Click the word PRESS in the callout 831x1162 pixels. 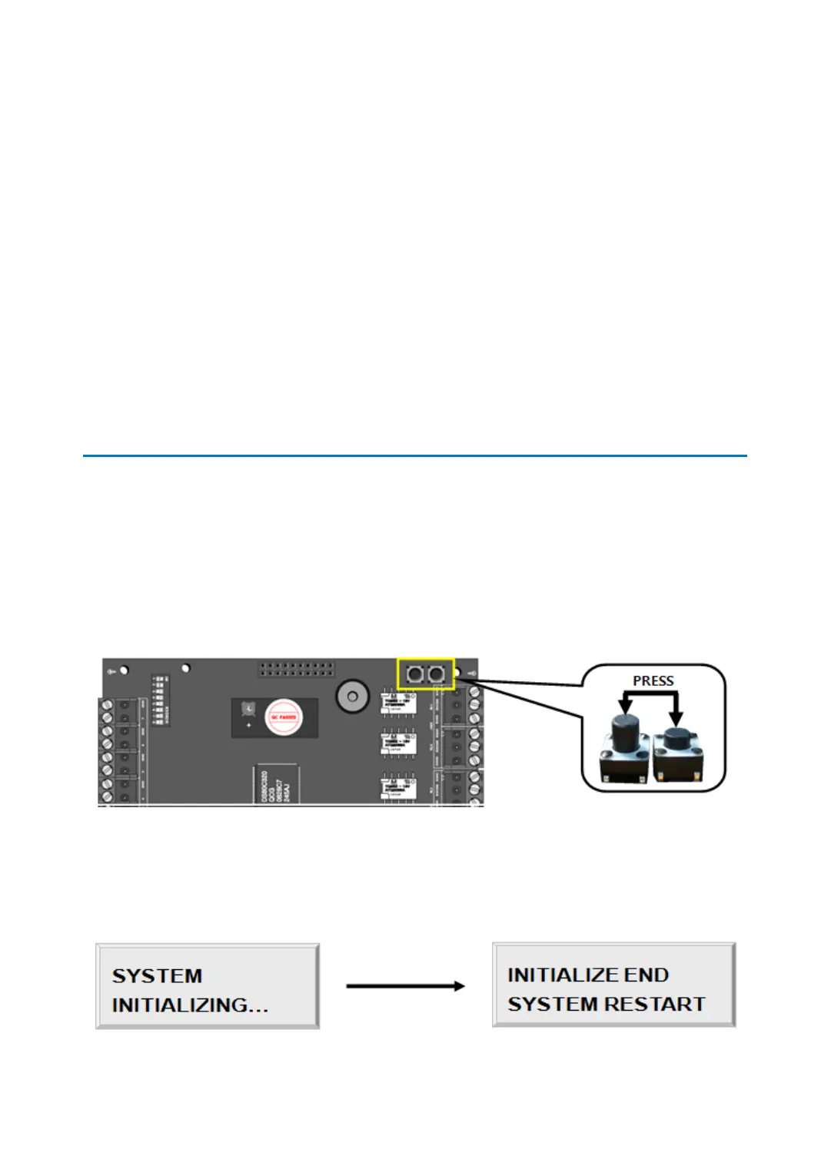(653, 680)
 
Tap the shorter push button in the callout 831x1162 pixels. (676, 753)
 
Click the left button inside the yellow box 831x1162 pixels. (415, 675)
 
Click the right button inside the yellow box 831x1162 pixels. (437, 675)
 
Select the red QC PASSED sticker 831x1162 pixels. (283, 717)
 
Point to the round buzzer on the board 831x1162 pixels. (352, 697)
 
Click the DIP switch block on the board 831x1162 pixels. (161, 699)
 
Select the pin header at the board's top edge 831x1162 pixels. (296, 668)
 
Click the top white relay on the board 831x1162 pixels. (399, 702)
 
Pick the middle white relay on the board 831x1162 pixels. (399, 743)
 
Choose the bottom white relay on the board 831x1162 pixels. (399, 786)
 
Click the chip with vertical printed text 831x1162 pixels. (276, 785)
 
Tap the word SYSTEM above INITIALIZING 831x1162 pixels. (158, 975)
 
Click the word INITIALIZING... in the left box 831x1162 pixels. (190, 1005)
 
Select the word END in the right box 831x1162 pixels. (646, 975)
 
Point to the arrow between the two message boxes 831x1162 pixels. (405, 985)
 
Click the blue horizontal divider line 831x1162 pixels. (415, 455)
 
